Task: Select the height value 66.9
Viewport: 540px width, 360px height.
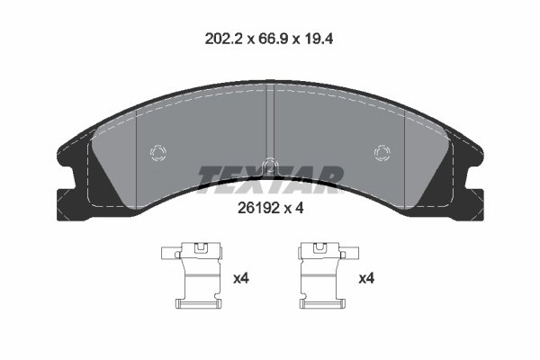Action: [x=270, y=39]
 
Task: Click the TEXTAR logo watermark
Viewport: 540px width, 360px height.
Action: [x=270, y=179]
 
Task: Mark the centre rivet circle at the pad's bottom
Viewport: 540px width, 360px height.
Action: [x=270, y=165]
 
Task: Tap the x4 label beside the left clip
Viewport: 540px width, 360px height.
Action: [x=241, y=280]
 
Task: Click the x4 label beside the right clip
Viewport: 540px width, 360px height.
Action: [x=367, y=280]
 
